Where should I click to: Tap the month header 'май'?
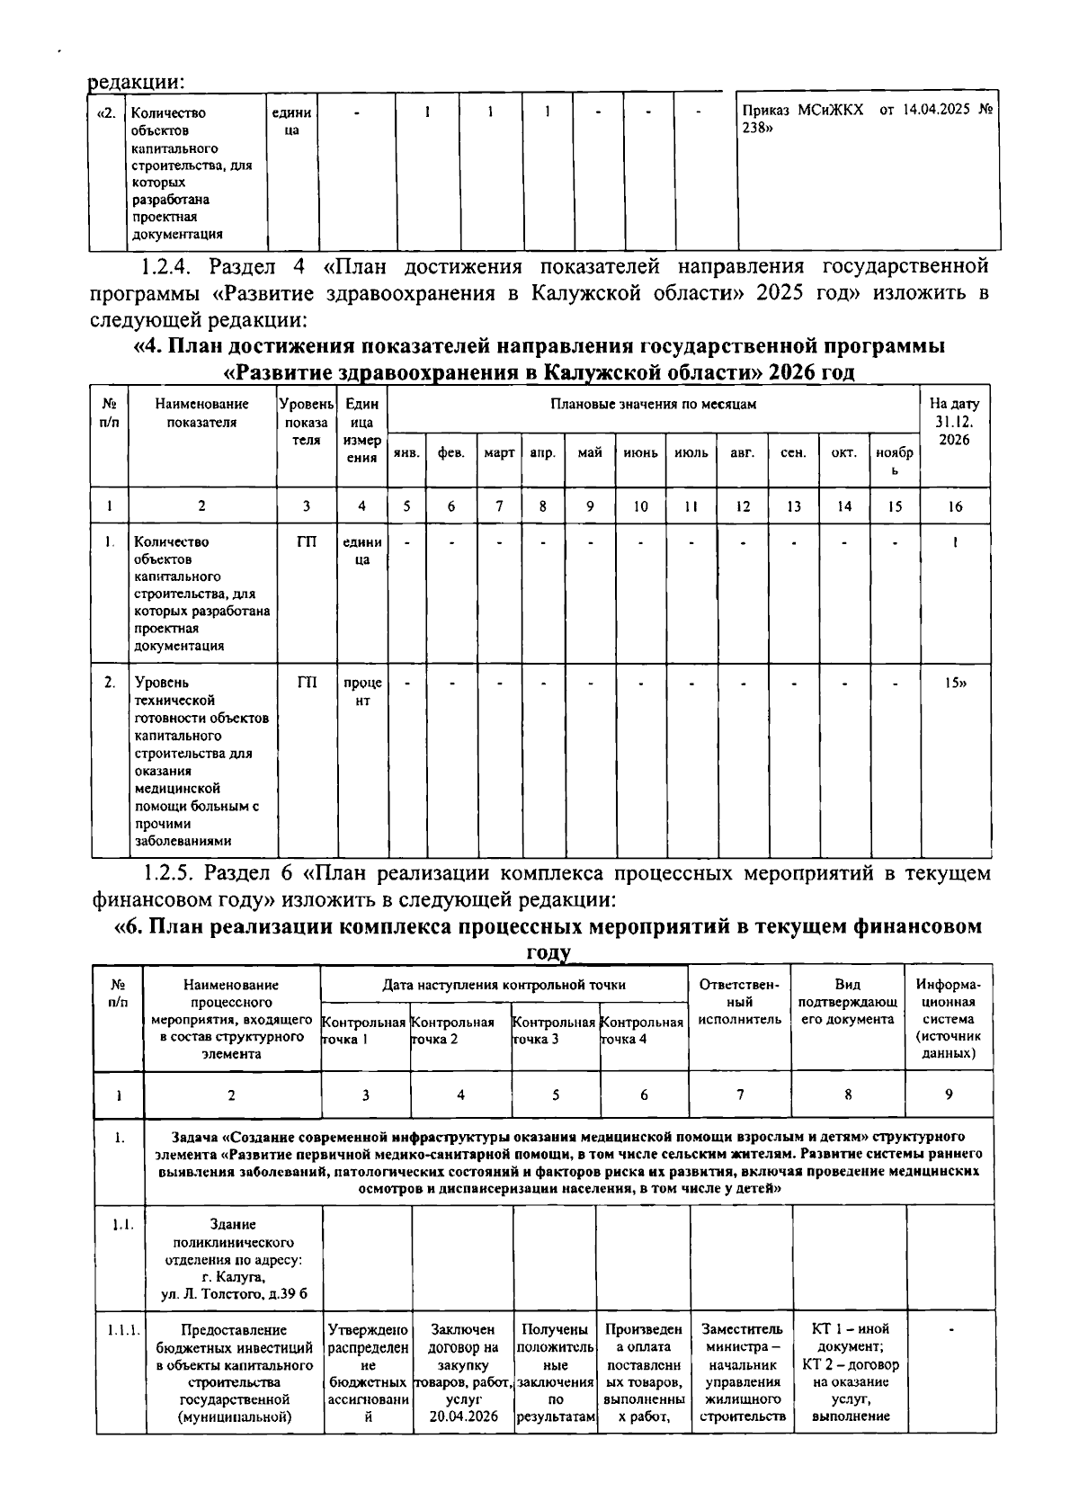pyautogui.click(x=590, y=452)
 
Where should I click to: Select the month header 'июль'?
pyautogui.click(x=691, y=452)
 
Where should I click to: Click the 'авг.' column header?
pyautogui.click(x=742, y=452)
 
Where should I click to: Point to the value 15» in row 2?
pyautogui.click(x=955, y=684)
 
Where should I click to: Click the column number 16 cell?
pyautogui.click(x=955, y=506)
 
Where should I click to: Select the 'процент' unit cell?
pyautogui.click(x=362, y=692)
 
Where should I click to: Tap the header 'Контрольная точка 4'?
pyautogui.click(x=642, y=1030)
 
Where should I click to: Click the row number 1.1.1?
pyautogui.click(x=119, y=1329)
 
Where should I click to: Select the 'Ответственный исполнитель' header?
pyautogui.click(x=740, y=1002)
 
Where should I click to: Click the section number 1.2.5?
pyautogui.click(x=169, y=873)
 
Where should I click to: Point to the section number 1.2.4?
pyautogui.click(x=169, y=266)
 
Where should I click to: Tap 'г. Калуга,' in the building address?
pyautogui.click(x=232, y=1276)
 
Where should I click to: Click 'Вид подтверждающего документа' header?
pyautogui.click(x=847, y=1002)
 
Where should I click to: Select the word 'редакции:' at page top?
pyautogui.click(x=136, y=81)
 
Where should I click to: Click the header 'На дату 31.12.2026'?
pyautogui.click(x=955, y=422)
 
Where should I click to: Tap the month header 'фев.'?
pyautogui.click(x=450, y=452)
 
